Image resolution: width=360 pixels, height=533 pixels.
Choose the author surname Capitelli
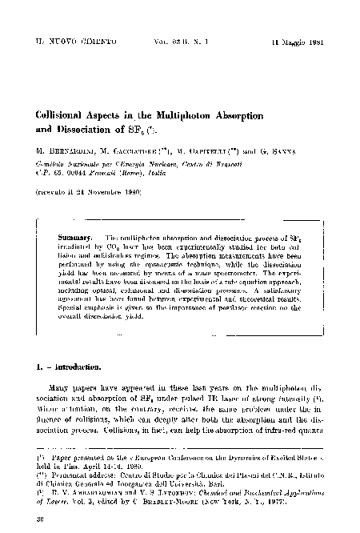(210, 154)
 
